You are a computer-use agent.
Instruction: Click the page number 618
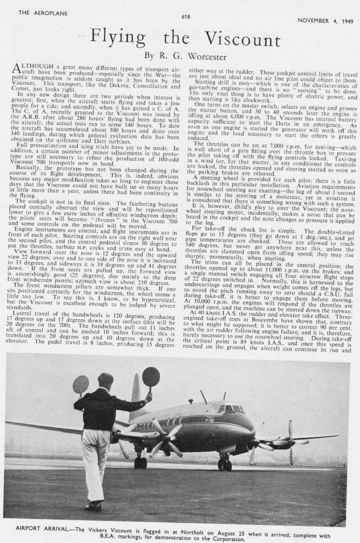pos(186,16)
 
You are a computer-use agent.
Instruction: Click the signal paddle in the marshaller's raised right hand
pos(151,377)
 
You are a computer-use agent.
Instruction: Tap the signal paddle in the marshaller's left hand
pos(81,384)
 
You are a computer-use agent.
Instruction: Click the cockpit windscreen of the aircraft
pos(230,409)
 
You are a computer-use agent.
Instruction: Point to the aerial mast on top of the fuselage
pos(204,397)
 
